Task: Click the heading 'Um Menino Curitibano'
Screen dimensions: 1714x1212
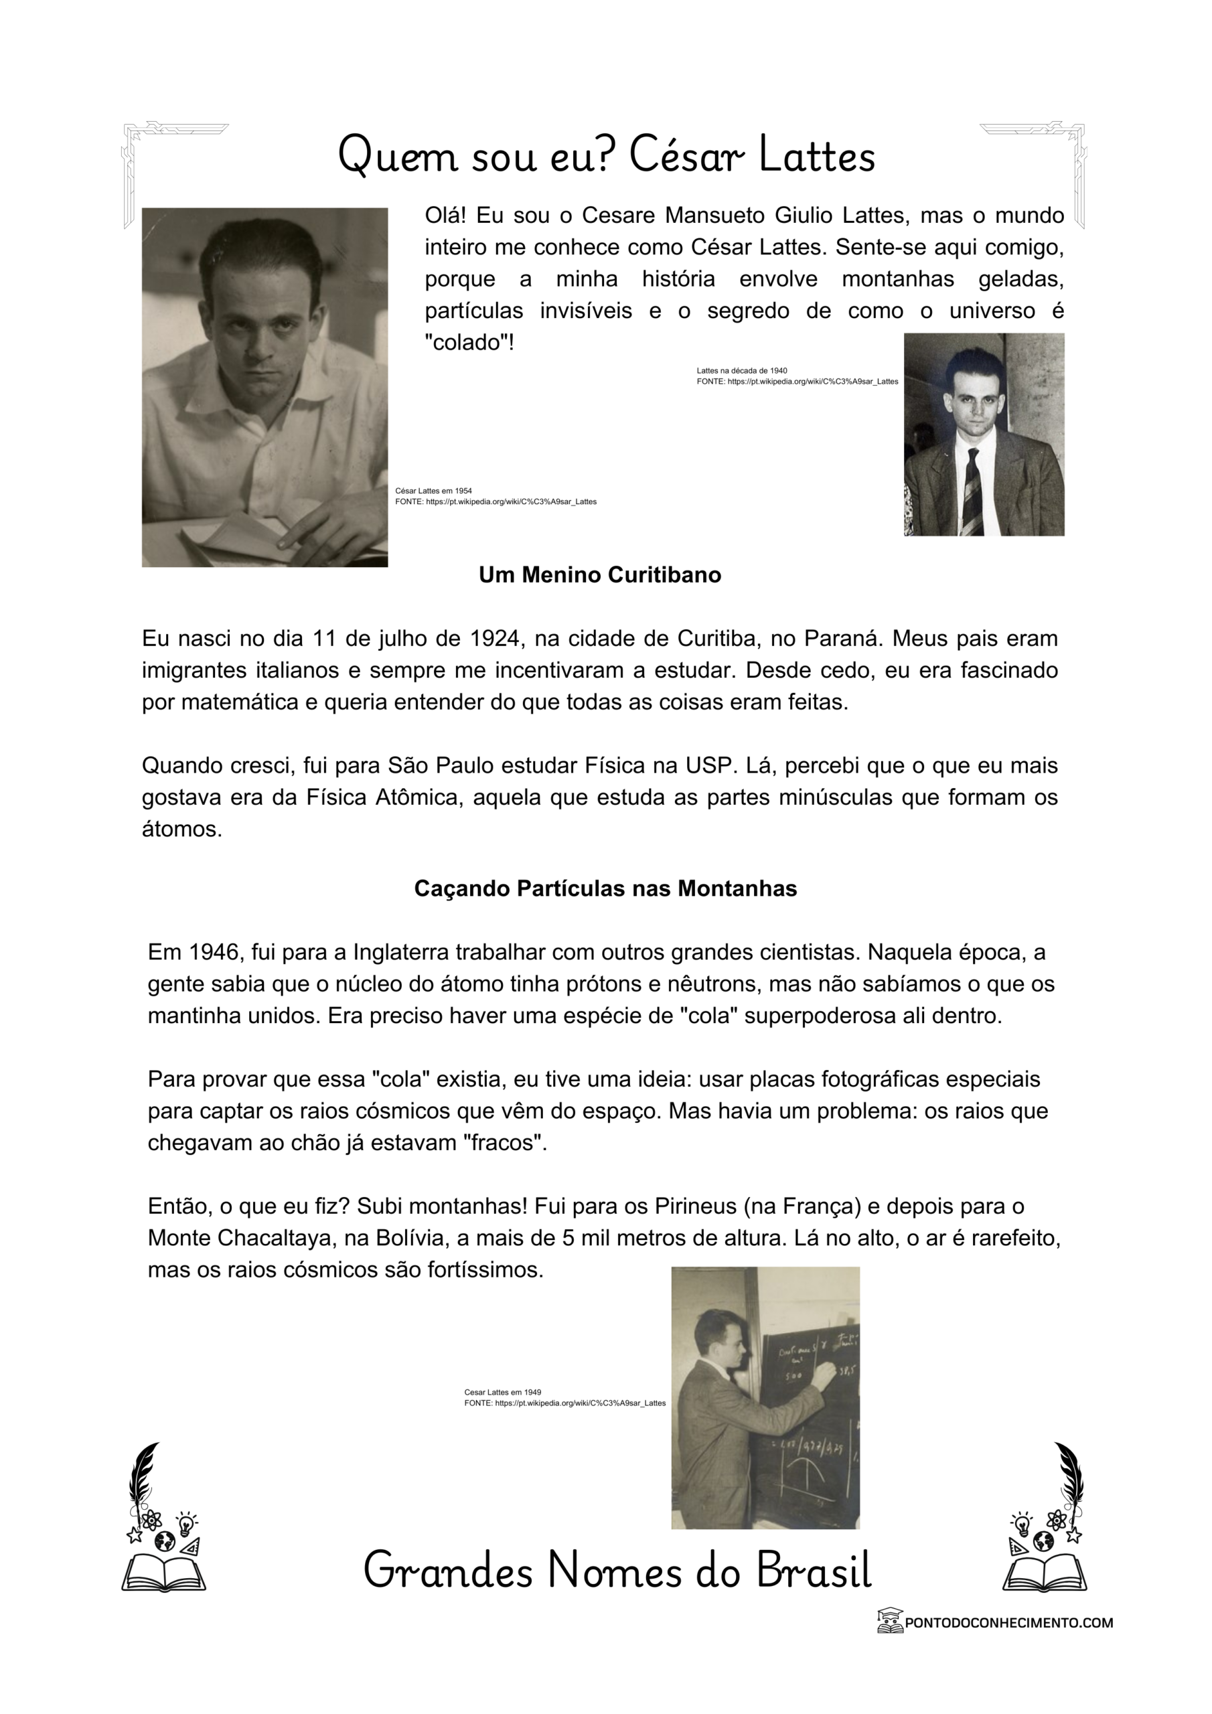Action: point(600,575)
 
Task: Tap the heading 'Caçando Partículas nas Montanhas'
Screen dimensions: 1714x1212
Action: point(605,888)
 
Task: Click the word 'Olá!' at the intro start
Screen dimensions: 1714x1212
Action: point(445,216)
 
